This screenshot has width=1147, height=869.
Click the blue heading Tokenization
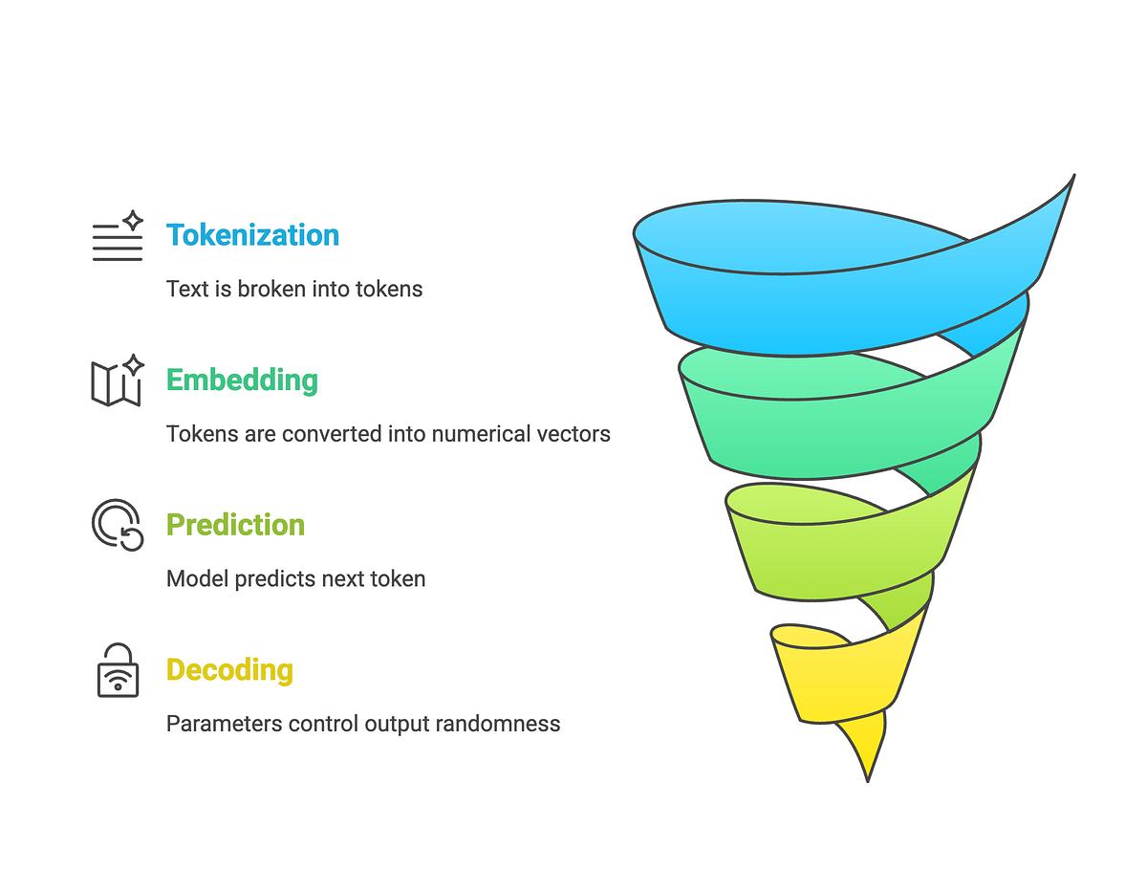point(252,235)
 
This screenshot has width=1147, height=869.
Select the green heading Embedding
point(242,380)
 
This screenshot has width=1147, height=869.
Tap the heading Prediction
point(235,525)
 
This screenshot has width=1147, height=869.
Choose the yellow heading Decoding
point(229,670)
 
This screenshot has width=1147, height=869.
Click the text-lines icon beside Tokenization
point(118,236)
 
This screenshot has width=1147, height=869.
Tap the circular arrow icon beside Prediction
point(118,525)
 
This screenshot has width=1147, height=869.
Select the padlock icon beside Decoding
point(118,670)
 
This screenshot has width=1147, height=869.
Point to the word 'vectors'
point(573,434)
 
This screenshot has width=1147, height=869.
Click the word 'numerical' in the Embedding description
point(475,434)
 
